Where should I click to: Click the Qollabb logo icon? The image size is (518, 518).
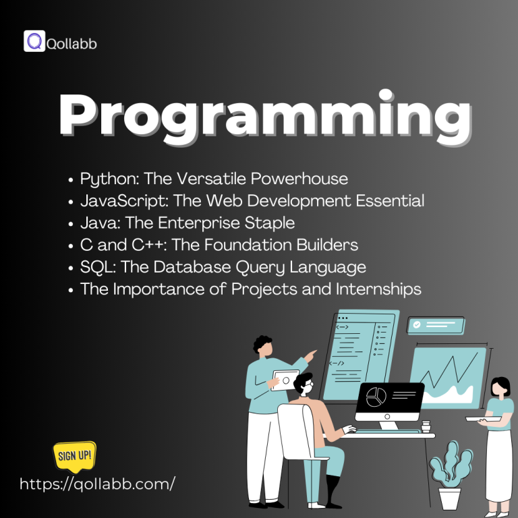click(34, 41)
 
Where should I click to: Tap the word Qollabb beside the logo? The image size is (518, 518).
click(72, 44)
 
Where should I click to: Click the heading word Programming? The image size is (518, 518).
click(264, 117)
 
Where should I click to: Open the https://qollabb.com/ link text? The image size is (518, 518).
click(98, 484)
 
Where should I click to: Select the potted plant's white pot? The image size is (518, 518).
click(449, 498)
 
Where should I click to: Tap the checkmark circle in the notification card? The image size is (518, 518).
click(418, 325)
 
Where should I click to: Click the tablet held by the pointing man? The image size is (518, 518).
click(285, 380)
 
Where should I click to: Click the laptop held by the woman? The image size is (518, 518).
click(483, 419)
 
